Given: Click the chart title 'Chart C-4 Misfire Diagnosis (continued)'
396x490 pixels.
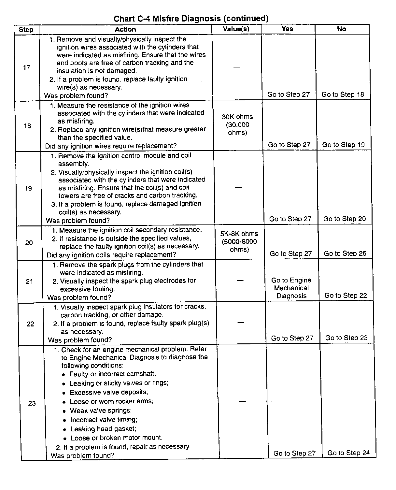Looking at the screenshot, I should click(x=191, y=19).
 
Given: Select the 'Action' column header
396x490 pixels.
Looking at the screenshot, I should click(x=125, y=29).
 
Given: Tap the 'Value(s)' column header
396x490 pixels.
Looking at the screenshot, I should click(x=236, y=29).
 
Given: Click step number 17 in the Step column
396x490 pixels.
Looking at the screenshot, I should click(x=27, y=67).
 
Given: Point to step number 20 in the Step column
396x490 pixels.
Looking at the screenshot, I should click(x=29, y=243).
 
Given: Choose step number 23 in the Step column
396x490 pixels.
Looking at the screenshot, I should click(x=32, y=403).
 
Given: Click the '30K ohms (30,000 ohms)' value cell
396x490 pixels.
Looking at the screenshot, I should click(x=237, y=125).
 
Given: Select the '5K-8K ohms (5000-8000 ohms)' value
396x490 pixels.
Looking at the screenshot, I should click(x=239, y=242).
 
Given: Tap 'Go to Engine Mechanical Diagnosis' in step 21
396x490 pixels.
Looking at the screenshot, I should click(x=291, y=288).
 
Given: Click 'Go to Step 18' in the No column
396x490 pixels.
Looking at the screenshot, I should click(x=343, y=94).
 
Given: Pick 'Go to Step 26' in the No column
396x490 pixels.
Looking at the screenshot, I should click(x=345, y=253).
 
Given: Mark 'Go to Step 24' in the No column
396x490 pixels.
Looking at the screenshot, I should click(x=348, y=453).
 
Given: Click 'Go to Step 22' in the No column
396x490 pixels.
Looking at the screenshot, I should click(x=346, y=295).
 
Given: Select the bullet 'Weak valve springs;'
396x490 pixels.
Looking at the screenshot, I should click(x=101, y=411).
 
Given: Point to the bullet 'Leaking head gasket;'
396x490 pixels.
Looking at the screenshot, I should click(x=103, y=429).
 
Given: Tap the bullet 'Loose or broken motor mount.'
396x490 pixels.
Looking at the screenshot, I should click(x=116, y=438).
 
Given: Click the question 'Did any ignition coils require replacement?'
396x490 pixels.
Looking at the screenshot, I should click(x=111, y=255).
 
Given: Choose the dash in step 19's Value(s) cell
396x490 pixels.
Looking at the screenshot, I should click(x=238, y=187).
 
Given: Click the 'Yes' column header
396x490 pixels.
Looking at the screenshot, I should click(x=287, y=29).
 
